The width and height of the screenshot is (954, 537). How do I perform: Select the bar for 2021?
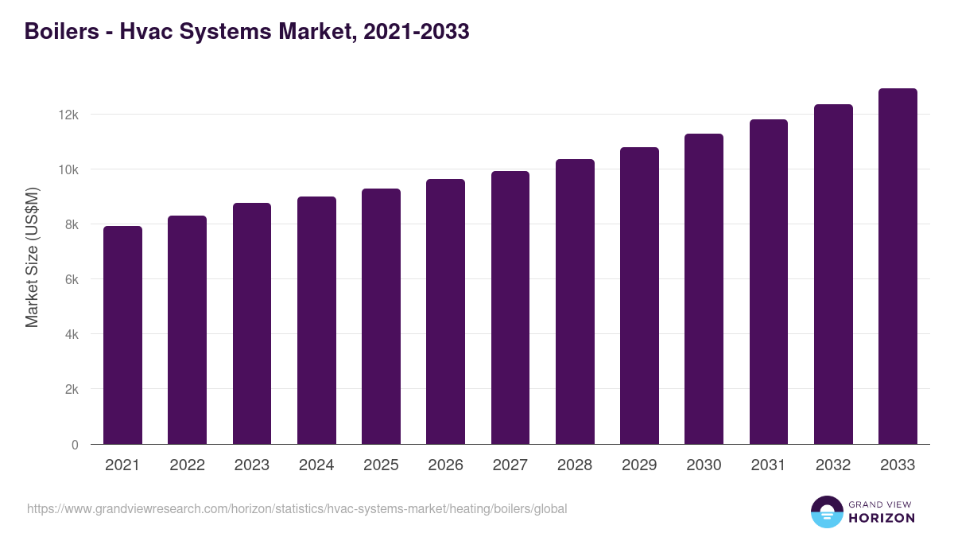[122, 336]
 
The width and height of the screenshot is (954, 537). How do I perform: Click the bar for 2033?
[898, 267]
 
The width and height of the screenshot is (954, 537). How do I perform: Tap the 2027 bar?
[510, 308]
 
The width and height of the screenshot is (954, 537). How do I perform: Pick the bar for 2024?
[316, 321]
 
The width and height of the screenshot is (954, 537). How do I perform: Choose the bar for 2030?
[704, 290]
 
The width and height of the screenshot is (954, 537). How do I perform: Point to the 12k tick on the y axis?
[68, 115]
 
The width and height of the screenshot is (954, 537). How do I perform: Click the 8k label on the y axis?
[72, 224]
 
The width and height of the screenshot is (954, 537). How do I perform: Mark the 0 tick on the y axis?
[75, 445]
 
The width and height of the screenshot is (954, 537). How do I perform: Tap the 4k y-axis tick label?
[72, 335]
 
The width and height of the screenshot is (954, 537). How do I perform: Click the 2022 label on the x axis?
[187, 465]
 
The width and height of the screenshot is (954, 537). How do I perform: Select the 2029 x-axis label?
[639, 465]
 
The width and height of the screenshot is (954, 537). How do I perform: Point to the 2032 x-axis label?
[833, 465]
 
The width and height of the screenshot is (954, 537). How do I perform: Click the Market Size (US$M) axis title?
[32, 257]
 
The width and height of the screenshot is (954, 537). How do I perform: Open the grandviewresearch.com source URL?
[297, 508]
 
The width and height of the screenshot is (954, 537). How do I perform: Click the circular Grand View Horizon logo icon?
[826, 512]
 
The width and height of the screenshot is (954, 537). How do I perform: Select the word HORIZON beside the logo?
[882, 518]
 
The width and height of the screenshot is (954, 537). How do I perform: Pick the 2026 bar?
[445, 312]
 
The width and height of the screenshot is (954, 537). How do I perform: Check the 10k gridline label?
[68, 169]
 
